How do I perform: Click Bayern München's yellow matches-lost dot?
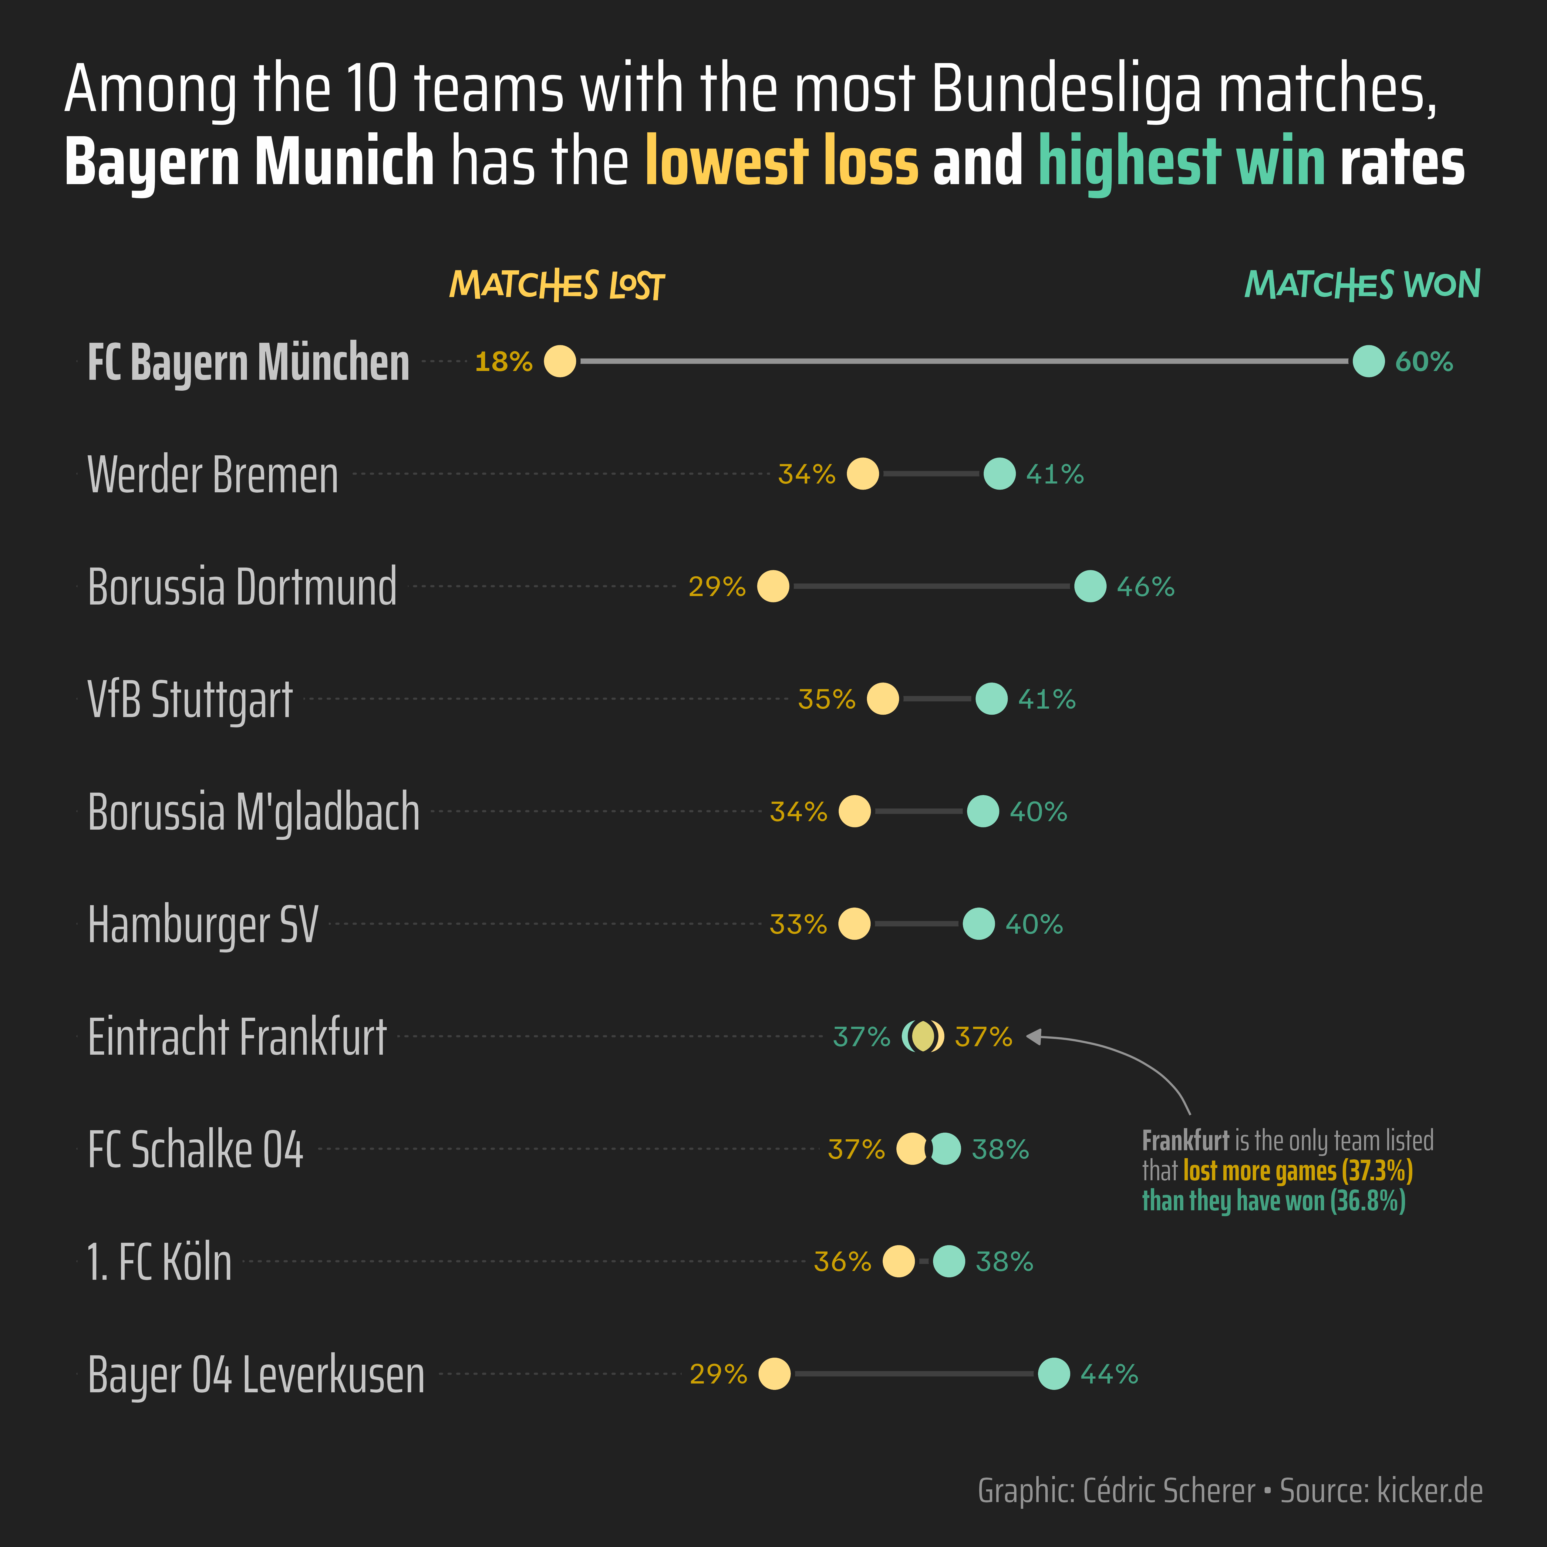tap(560, 361)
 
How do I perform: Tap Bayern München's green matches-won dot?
tap(1368, 361)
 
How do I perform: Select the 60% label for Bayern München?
tap(1424, 362)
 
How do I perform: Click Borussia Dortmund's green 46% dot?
tap(1090, 586)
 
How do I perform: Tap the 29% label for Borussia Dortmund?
tap(717, 587)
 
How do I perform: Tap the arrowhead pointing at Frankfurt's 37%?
tap(1033, 1037)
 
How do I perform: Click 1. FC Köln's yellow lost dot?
tap(898, 1261)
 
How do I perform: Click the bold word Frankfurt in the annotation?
tap(1185, 1140)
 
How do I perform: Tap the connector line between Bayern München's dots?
tap(961, 361)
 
